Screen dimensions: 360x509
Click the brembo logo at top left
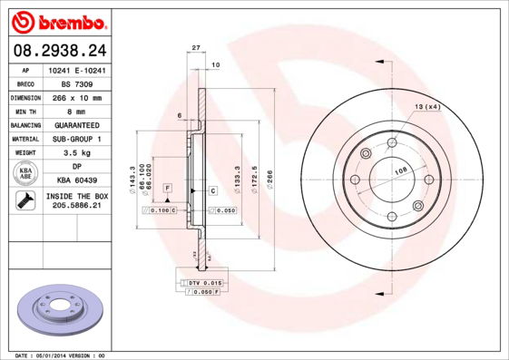(x=57, y=21)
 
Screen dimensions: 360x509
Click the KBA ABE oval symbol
(x=24, y=174)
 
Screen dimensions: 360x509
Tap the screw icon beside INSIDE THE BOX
(x=24, y=202)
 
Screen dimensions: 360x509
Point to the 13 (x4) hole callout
(x=427, y=107)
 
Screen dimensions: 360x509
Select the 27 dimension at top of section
(x=195, y=47)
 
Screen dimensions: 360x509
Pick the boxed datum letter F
(x=168, y=187)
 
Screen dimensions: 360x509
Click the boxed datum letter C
(x=212, y=190)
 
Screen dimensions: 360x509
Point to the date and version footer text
(x=62, y=355)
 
